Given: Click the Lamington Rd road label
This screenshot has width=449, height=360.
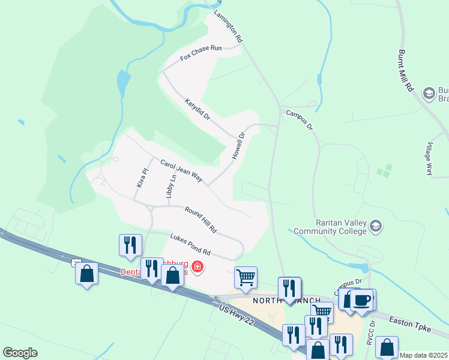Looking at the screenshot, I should (x=229, y=28).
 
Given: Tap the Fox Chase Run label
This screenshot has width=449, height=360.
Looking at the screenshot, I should (x=201, y=53).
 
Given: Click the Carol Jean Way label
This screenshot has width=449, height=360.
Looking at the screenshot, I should (x=181, y=171).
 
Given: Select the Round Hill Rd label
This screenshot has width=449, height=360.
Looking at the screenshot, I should (x=200, y=220).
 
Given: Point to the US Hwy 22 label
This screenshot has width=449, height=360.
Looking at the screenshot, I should (x=241, y=316).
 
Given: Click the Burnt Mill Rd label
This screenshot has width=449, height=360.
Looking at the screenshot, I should (x=406, y=70).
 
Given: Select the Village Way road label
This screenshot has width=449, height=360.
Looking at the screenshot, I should (x=429, y=159).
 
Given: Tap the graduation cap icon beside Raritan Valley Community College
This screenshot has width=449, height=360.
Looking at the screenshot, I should (x=376, y=226).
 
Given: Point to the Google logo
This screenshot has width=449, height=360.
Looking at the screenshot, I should (x=20, y=353).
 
